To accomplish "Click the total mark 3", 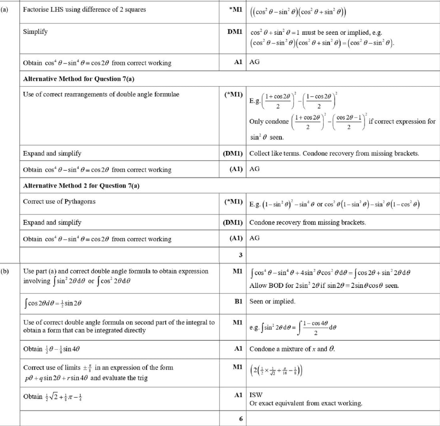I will pyautogui.click(x=241, y=255).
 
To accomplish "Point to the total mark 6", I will pyautogui.click(x=241, y=419).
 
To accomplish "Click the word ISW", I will pyautogui.click(x=256, y=394).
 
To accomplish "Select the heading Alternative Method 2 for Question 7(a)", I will pyautogui.click(x=81, y=185).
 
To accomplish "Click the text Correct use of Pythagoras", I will pyautogui.click(x=59, y=201).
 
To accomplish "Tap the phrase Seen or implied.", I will pyautogui.click(x=272, y=301).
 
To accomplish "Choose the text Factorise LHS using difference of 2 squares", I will pyautogui.click(x=84, y=9).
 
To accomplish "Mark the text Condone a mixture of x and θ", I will pyautogui.click(x=292, y=349).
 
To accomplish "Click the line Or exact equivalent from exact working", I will pyautogui.click(x=306, y=403).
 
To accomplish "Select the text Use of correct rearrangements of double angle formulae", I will pyautogui.click(x=101, y=94).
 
